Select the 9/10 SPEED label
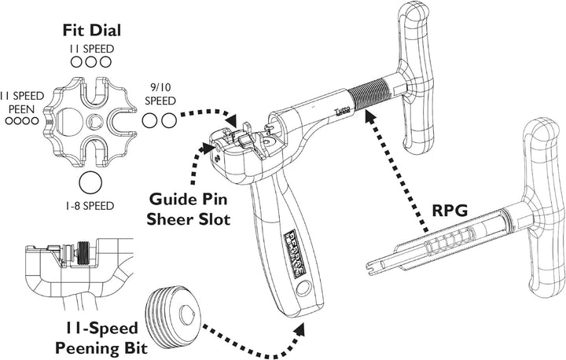160,95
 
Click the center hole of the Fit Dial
92,121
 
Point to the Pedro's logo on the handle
290,252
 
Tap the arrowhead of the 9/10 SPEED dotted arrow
233,121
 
